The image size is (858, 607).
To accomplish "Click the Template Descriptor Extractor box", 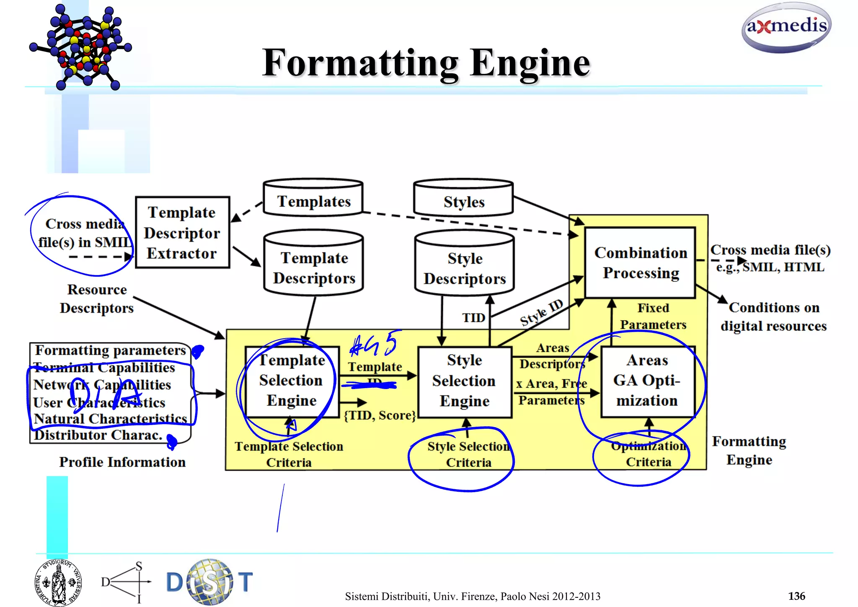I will click(182, 233).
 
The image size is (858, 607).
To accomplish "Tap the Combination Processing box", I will click(640, 263).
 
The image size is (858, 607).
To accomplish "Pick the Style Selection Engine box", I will click(465, 381).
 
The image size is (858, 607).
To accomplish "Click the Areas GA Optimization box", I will click(647, 381).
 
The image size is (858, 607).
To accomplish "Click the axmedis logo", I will click(786, 27).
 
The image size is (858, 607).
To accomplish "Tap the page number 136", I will click(796, 596).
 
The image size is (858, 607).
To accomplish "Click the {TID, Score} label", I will click(380, 415).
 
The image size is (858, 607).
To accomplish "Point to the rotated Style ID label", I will click(541, 313).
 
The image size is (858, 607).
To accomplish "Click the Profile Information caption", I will click(122, 462).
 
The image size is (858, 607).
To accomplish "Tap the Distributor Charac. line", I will click(98, 435).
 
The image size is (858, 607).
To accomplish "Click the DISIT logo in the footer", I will click(209, 582).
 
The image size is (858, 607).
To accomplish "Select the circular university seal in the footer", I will click(58, 582).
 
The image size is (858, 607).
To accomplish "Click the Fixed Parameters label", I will click(653, 316).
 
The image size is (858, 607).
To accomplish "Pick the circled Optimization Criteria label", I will click(648, 454).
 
